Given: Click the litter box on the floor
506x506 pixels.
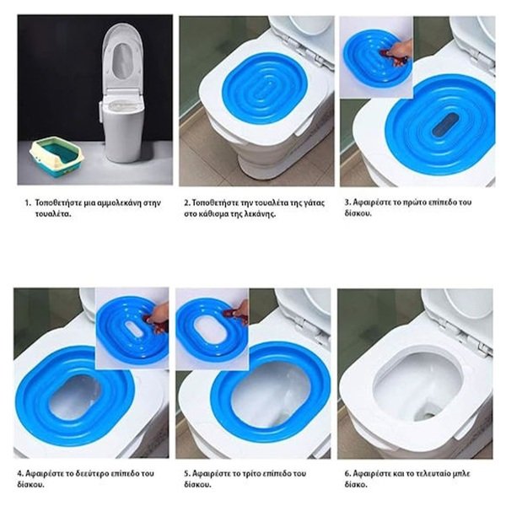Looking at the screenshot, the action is click(x=57, y=156).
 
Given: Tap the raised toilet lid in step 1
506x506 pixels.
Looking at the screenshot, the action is click(x=123, y=57).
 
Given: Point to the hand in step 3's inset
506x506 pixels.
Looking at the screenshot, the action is click(x=400, y=51).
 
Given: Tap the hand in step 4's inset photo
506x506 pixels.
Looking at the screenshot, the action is click(x=159, y=316).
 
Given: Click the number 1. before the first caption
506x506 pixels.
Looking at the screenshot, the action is click(x=29, y=203).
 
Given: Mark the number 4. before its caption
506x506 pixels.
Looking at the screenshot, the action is click(x=20, y=474).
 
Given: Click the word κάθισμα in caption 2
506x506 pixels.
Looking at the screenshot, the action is click(x=213, y=214).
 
